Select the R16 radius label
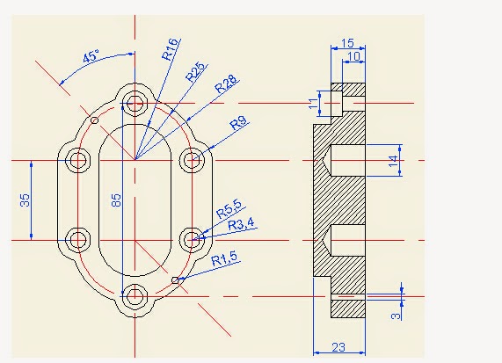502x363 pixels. coord(171,50)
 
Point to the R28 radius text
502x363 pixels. coord(225,84)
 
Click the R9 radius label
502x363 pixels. coord(238,123)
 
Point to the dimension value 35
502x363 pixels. coord(24,200)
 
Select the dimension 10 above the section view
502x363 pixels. coord(353,56)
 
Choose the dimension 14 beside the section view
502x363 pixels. coord(394,161)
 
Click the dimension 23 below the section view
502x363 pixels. coord(338,347)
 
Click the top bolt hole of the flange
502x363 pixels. coord(135,102)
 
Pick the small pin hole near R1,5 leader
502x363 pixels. coord(176,280)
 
